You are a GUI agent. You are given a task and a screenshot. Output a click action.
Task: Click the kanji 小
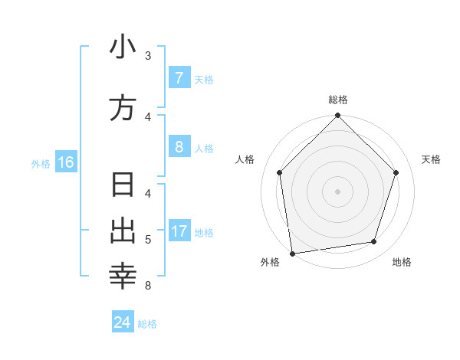click(x=123, y=47)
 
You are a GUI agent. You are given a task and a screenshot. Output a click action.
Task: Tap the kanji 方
click(x=123, y=108)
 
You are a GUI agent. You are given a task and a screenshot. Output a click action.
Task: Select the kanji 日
click(x=123, y=186)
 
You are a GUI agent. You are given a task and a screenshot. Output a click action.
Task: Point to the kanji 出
click(x=123, y=231)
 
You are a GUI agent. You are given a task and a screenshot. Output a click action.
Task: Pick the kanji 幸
click(x=123, y=277)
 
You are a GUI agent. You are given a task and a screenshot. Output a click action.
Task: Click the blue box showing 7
click(x=179, y=78)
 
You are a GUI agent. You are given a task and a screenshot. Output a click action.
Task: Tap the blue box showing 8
click(x=179, y=148)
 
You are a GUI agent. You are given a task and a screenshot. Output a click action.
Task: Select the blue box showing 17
click(x=179, y=231)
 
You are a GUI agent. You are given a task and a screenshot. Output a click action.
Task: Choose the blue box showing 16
click(x=65, y=162)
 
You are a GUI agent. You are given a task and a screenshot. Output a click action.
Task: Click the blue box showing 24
click(x=122, y=322)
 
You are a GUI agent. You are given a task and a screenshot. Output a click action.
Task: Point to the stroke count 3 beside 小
click(x=148, y=56)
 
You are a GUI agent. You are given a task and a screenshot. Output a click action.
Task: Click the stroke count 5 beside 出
click(x=148, y=240)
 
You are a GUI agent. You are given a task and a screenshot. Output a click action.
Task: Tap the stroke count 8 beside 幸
click(x=148, y=286)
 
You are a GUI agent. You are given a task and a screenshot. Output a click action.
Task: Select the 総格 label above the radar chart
click(x=338, y=100)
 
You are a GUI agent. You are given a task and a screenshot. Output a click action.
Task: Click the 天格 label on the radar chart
click(x=431, y=159)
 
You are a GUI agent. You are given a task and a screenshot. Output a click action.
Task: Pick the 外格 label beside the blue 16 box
click(x=41, y=163)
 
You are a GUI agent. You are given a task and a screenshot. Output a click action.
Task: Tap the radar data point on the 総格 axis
click(x=337, y=116)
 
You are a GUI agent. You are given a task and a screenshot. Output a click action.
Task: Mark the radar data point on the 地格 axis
click(x=374, y=242)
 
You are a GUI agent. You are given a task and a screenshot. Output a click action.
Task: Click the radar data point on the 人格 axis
click(x=279, y=172)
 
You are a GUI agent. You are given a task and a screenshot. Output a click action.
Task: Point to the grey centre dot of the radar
click(x=337, y=191)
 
